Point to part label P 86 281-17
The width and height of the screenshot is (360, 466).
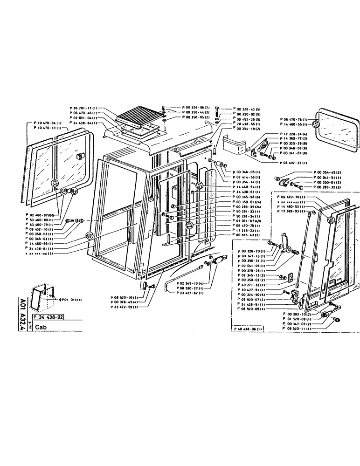tap(83, 108)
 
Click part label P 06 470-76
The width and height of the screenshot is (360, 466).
tap(295, 120)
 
